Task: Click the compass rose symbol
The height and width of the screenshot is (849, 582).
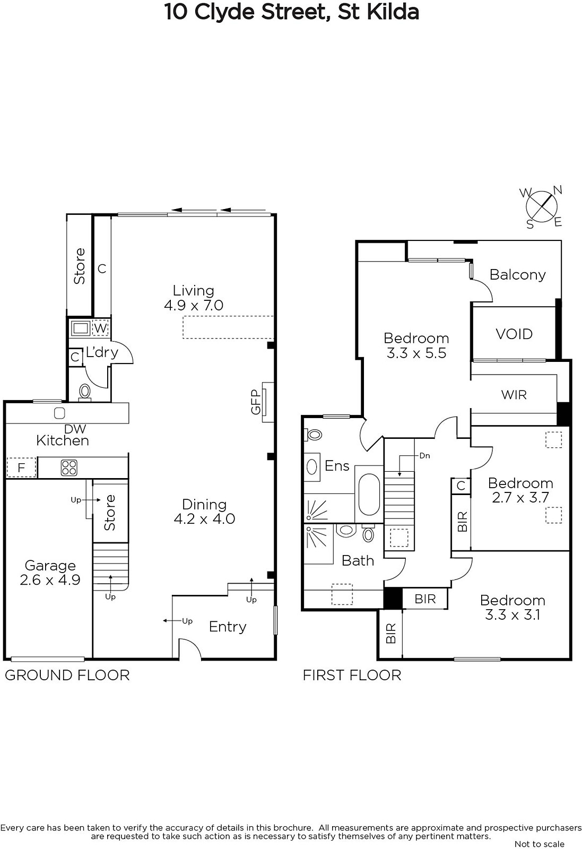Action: pyautogui.click(x=542, y=207)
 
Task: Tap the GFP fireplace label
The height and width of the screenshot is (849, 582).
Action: pyautogui.click(x=256, y=402)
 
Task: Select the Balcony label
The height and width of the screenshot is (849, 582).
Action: pyautogui.click(x=518, y=275)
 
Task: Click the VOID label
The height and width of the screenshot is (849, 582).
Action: pyautogui.click(x=514, y=334)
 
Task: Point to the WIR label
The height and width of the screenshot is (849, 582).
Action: pyautogui.click(x=514, y=395)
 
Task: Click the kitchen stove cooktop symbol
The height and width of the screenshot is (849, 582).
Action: pyautogui.click(x=69, y=467)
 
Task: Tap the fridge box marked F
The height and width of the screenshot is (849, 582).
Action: pyautogui.click(x=21, y=467)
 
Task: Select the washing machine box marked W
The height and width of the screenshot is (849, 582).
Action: pyautogui.click(x=100, y=328)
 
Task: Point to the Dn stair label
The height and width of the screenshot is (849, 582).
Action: pyautogui.click(x=425, y=456)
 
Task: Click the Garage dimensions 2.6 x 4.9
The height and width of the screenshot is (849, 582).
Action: pyautogui.click(x=50, y=580)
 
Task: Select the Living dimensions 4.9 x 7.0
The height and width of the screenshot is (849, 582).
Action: pyautogui.click(x=194, y=305)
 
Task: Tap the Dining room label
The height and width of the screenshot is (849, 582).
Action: pyautogui.click(x=204, y=504)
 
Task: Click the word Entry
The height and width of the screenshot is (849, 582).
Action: pyautogui.click(x=228, y=627)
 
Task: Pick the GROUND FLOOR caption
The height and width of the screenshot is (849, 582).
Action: pyautogui.click(x=67, y=675)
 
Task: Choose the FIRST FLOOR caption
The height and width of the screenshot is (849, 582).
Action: pyautogui.click(x=352, y=675)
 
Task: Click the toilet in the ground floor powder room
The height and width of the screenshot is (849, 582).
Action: pyautogui.click(x=85, y=392)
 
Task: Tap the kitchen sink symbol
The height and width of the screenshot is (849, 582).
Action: pyautogui.click(x=59, y=413)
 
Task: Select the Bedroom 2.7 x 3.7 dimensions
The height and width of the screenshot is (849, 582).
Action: pyautogui.click(x=520, y=497)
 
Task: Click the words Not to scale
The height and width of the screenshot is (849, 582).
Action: pyautogui.click(x=539, y=844)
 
